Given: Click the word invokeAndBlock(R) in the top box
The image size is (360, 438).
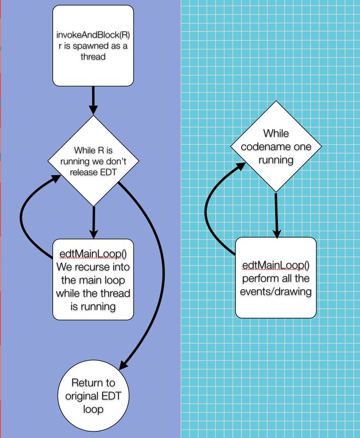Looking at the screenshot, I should (93, 35).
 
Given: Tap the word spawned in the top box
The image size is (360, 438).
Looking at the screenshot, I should (106, 45).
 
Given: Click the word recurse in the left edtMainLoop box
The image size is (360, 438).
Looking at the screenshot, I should (105, 268).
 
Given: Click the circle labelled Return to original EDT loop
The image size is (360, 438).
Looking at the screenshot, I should (93, 394).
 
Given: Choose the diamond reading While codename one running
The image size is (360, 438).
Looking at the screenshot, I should (275, 146).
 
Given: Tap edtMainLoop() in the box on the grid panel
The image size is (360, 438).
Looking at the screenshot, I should (276, 267).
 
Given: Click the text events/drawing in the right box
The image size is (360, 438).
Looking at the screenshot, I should (276, 292).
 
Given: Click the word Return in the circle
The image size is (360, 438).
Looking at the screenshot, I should (93, 382).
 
